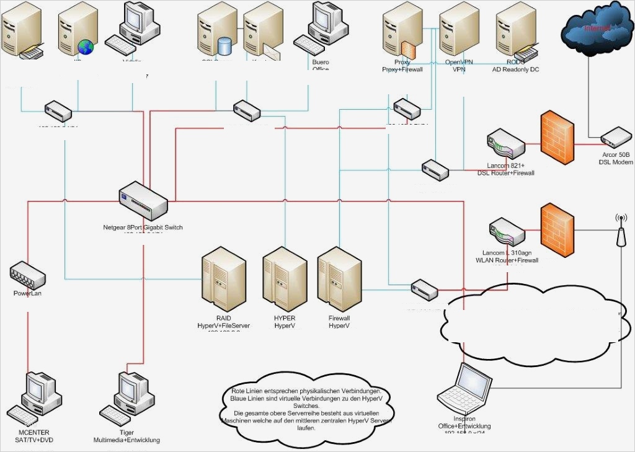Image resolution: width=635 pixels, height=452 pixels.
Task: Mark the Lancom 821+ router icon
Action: click(505, 146)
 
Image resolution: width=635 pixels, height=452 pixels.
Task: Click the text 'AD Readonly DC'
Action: click(515, 69)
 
